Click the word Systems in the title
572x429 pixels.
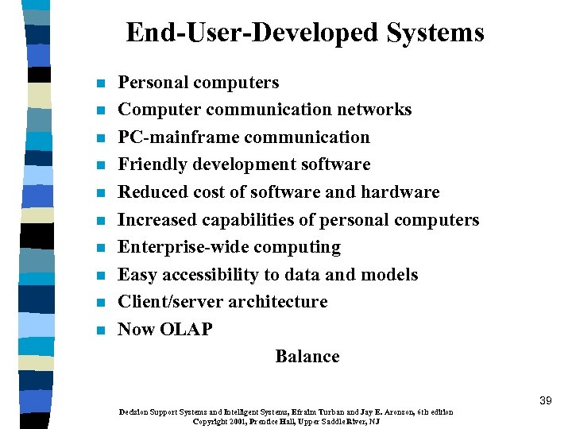(x=435, y=33)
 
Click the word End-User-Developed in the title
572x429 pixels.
(x=253, y=33)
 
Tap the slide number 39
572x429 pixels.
(x=545, y=400)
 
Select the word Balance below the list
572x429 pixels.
(x=307, y=357)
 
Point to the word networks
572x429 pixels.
(x=376, y=110)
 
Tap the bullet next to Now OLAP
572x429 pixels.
(x=99, y=330)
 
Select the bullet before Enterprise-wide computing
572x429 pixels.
(x=99, y=249)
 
